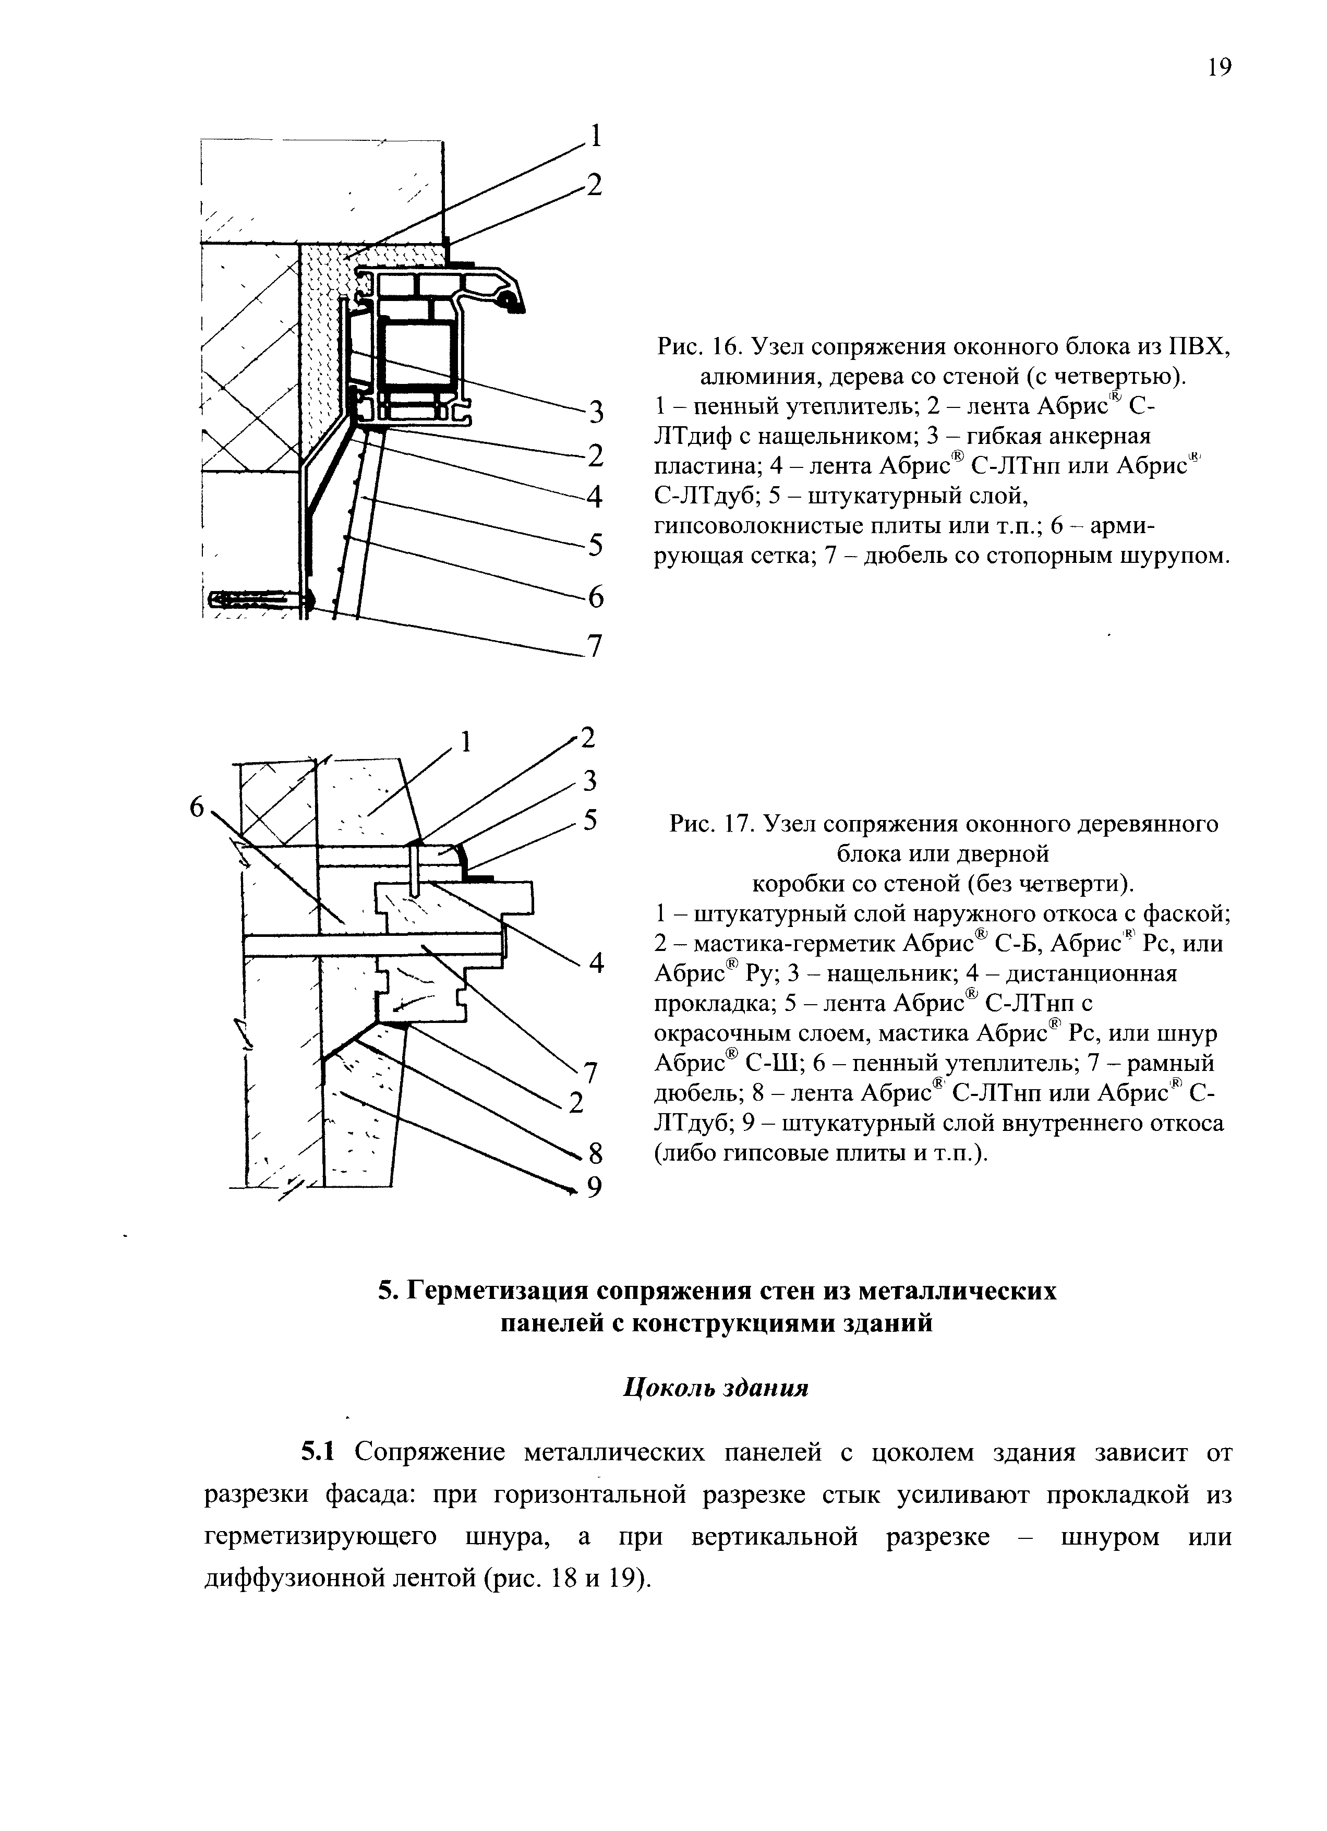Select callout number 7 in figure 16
point(595,647)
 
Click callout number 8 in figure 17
point(596,1155)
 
